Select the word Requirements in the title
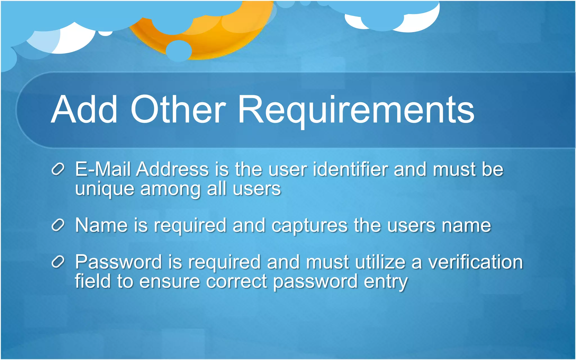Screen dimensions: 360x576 356,110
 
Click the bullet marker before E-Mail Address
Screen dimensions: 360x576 58,169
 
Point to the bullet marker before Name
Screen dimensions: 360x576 58,225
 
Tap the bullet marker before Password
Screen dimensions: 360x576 58,262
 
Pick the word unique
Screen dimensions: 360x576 105,189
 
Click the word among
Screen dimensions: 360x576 170,189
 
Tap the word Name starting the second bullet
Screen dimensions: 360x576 102,225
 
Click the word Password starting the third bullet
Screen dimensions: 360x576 118,262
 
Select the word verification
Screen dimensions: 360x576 475,262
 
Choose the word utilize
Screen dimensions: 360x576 380,262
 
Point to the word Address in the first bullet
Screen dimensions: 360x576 172,169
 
